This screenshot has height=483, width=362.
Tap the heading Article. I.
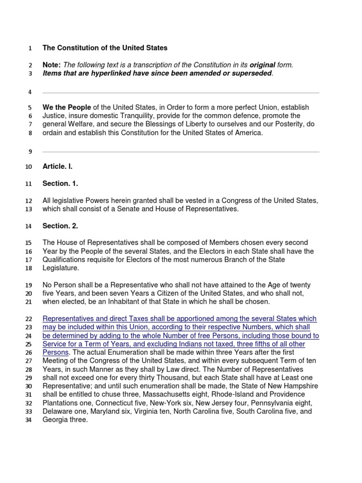pos(58,167)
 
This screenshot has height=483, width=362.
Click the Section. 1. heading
pos(60,183)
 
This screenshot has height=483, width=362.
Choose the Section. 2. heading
pos(60,226)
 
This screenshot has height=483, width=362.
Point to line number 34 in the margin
pos(28,420)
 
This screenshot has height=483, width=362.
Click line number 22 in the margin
pos(28,319)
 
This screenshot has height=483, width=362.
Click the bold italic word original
pos(263,65)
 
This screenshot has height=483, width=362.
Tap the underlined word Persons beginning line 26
pos(56,352)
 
